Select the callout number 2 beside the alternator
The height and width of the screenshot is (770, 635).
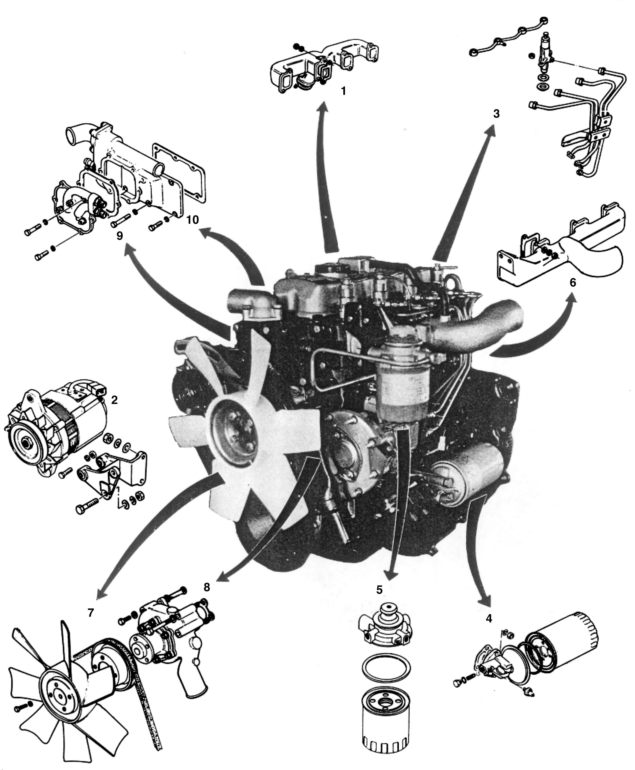pos(114,400)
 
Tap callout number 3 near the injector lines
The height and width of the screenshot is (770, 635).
pos(496,114)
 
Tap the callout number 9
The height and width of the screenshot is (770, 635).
pos(120,236)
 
